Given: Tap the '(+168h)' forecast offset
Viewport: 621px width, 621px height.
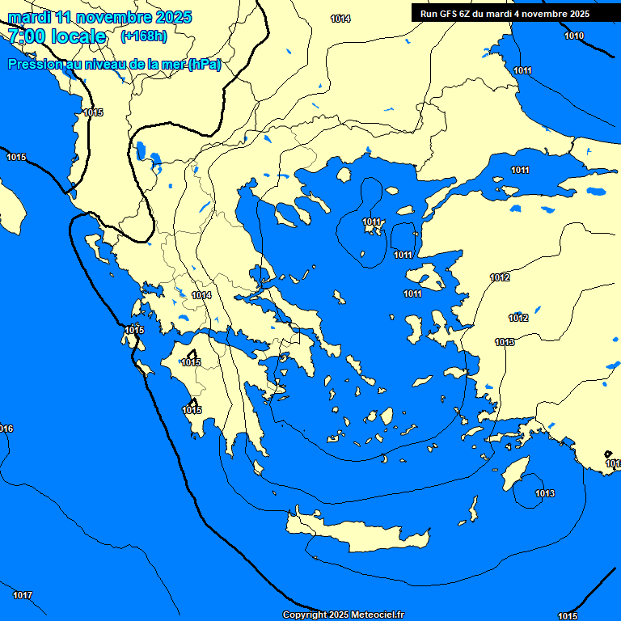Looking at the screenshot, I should coord(143,36).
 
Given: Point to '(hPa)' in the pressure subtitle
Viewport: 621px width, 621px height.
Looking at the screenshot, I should coord(204,65).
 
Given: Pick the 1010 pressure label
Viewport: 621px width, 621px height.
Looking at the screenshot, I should coord(574,36).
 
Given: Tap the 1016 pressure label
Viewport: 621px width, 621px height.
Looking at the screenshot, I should coord(5,429).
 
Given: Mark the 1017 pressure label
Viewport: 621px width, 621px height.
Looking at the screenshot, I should coord(23,596).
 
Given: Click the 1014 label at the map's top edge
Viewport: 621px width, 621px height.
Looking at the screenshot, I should coord(341,19).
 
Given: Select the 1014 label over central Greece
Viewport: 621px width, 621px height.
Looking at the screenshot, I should coord(201,296).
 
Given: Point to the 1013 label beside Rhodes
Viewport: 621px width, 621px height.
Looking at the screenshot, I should coord(545,493).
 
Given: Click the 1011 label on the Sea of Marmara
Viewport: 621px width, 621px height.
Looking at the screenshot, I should coord(520,170).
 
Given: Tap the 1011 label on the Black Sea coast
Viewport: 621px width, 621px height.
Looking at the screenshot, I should coord(523,70).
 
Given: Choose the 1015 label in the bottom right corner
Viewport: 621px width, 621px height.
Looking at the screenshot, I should coord(568,616).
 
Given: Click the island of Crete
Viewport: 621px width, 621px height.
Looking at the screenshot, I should coord(356,534).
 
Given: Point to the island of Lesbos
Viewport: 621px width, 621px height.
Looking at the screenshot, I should coord(429,280).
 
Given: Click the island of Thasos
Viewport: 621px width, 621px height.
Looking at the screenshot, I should coord(343,175).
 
